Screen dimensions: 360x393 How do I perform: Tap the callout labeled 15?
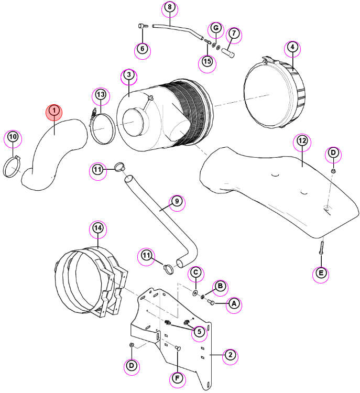click(x=207, y=62)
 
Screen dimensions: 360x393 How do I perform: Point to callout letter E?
click(x=321, y=273)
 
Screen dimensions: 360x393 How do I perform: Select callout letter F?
click(x=177, y=378)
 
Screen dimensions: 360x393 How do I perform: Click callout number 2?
click(x=230, y=355)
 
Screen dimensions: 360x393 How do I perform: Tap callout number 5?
click(x=199, y=332)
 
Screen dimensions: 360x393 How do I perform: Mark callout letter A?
click(x=234, y=304)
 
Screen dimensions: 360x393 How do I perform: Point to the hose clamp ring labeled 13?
click(x=102, y=128)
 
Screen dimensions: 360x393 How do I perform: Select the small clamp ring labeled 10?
click(x=12, y=167)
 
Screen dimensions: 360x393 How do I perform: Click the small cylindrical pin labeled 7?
click(x=228, y=53)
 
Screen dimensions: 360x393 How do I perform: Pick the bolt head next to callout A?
click(x=211, y=302)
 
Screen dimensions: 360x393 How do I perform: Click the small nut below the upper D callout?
click(x=333, y=171)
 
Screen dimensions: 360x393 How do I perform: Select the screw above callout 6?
click(x=143, y=26)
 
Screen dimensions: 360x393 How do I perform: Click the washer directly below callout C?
click(x=195, y=293)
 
